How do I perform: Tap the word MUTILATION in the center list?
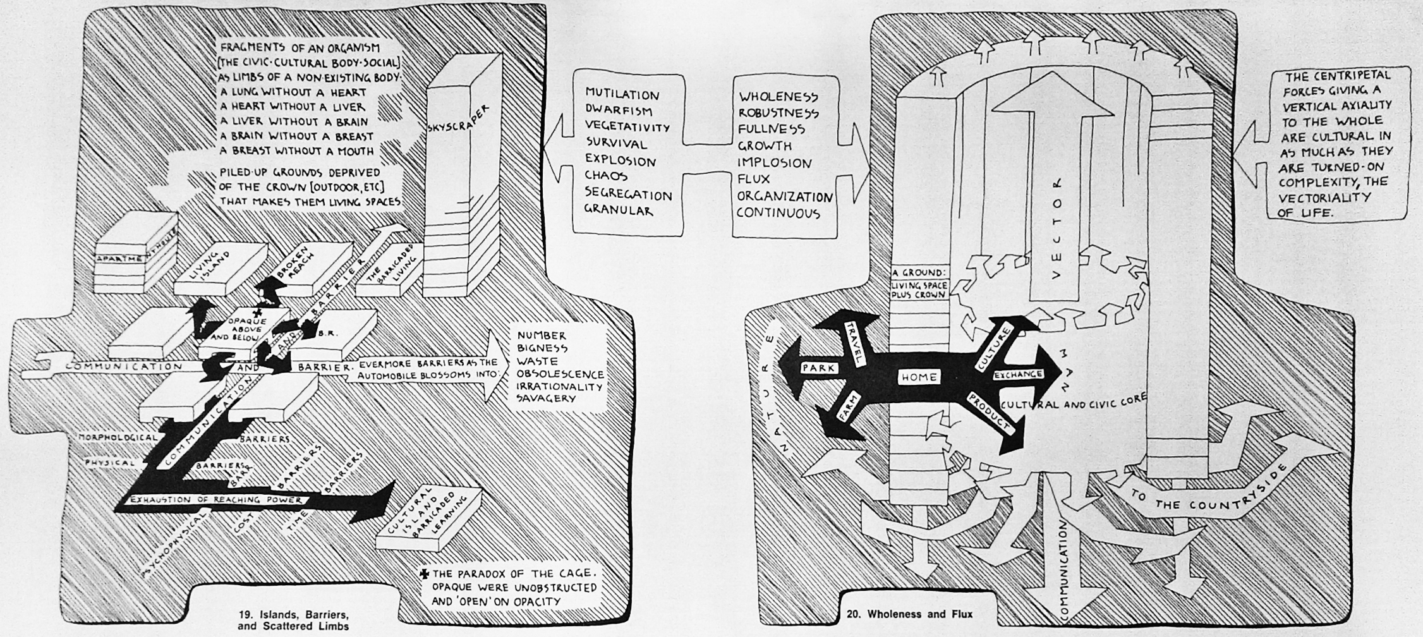pyautogui.click(x=622, y=95)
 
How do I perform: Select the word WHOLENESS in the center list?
pyautogui.click(x=778, y=97)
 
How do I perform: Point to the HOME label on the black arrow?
pyautogui.click(x=919, y=377)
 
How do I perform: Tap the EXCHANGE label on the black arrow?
pyautogui.click(x=1018, y=375)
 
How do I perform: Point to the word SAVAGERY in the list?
pyautogui.click(x=546, y=398)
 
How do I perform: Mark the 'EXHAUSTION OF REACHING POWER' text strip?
pyautogui.click(x=215, y=500)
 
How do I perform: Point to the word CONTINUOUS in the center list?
pyautogui.click(x=778, y=213)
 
